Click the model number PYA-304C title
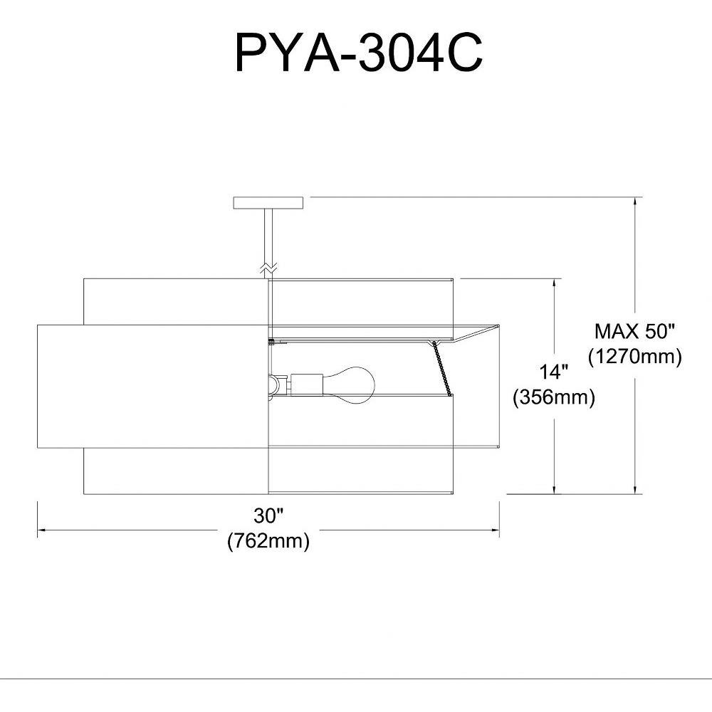[358, 53]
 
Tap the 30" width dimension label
[269, 515]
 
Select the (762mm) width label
[268, 541]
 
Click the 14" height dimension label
[554, 372]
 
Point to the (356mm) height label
[554, 397]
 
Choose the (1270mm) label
[635, 357]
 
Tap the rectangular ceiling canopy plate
[268, 203]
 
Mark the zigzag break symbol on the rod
[268, 268]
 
